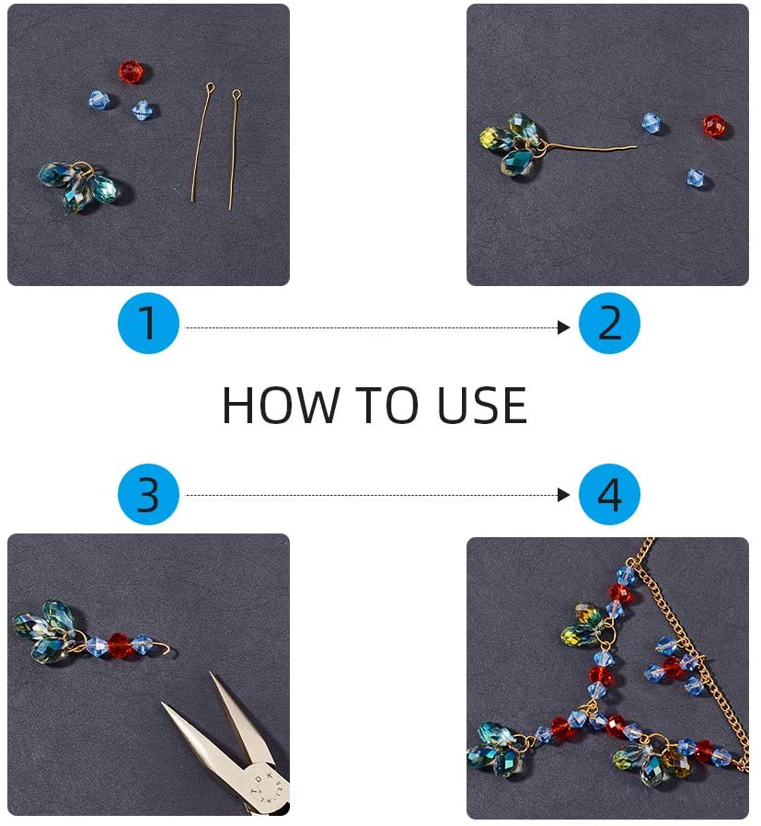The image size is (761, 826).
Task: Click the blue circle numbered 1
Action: tap(148, 324)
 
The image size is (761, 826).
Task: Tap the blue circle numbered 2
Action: tap(609, 324)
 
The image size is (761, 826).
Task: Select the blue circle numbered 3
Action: tap(148, 495)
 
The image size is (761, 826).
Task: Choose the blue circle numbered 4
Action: tap(609, 495)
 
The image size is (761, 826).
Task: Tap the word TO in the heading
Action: tap(377, 406)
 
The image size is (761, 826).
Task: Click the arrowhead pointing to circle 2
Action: tap(564, 327)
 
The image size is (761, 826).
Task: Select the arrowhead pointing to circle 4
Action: tap(564, 495)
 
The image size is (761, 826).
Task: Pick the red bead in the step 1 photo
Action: tap(132, 72)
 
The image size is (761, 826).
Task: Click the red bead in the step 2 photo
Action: tap(714, 125)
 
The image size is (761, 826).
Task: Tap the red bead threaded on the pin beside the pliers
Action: tap(120, 645)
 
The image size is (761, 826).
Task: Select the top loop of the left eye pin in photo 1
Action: tap(211, 89)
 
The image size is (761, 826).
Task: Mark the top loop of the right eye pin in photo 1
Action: tap(236, 94)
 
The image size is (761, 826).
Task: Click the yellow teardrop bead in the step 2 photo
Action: tap(490, 139)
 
